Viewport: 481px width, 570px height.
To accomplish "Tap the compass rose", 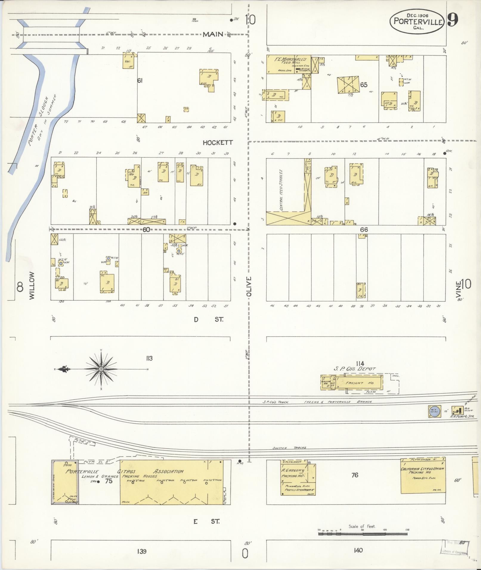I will coord(101,369).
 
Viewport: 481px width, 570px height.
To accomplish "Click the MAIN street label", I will coord(213,35).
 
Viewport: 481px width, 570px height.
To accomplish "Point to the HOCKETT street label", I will coord(218,143).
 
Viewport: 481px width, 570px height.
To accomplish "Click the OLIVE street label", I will coord(249,286).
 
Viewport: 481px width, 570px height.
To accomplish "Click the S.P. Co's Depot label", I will coord(355,369).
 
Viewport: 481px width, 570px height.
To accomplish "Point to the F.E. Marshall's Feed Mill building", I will coord(288,64).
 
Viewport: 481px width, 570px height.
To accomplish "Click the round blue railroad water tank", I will coord(434,411).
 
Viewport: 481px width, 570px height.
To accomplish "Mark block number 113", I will coord(149,358).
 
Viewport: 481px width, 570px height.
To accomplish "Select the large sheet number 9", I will coord(453,21).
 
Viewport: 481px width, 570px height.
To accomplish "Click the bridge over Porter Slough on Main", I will coord(51,35).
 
